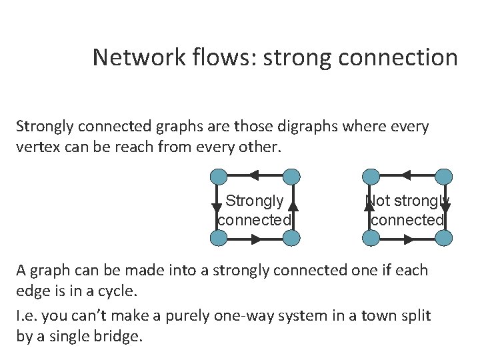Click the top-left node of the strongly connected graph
218,177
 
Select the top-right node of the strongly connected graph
291,177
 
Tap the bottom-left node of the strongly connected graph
218,238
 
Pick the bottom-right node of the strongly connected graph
291,238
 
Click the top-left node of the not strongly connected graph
371,177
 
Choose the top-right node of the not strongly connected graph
445,177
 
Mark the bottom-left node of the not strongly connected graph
371,238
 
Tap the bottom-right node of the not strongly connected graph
445,238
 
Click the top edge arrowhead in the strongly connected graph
254,177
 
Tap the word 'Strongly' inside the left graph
255,201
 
